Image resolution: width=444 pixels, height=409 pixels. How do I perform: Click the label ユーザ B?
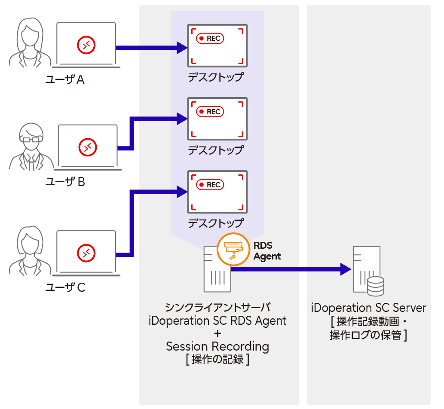click(x=65, y=182)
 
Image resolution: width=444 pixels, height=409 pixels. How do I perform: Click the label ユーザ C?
click(x=65, y=287)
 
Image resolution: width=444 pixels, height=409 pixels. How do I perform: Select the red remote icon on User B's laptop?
click(x=87, y=147)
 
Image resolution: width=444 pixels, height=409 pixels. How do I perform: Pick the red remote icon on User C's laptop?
click(x=86, y=253)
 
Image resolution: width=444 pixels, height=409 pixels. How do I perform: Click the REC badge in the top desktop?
click(x=210, y=39)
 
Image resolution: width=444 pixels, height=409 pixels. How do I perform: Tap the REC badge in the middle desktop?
click(x=210, y=112)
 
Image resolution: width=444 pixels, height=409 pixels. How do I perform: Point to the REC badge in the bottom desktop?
click(x=210, y=185)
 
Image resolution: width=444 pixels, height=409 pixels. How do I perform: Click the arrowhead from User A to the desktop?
click(x=183, y=48)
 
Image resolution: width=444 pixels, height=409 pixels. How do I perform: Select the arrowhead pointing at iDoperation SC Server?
click(x=346, y=269)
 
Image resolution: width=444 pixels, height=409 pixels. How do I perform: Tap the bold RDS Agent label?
click(x=267, y=251)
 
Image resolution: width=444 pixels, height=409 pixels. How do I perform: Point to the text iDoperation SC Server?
click(x=368, y=308)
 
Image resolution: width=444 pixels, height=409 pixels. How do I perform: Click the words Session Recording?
click(x=217, y=346)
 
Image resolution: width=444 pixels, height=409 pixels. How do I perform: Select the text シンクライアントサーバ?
click(x=217, y=308)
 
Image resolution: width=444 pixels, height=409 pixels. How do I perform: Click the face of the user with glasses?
click(x=30, y=138)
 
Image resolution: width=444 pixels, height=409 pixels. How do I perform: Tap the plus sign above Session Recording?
click(x=217, y=333)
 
